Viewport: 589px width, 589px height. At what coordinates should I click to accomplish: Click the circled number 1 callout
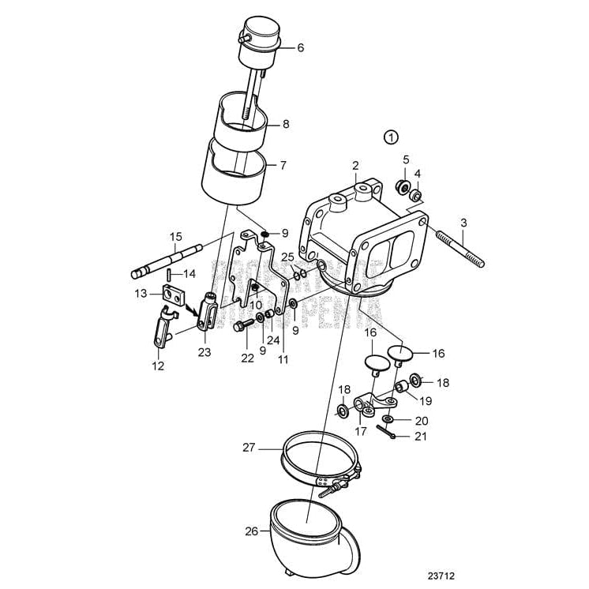click(x=391, y=137)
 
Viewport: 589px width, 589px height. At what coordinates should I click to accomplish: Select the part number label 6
click(x=300, y=47)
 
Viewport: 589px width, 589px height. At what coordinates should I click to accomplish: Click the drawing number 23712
click(x=442, y=577)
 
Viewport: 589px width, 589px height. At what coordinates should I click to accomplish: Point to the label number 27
click(x=249, y=447)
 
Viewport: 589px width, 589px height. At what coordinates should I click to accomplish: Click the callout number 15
click(x=175, y=236)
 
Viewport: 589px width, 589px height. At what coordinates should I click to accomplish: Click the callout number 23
click(x=204, y=353)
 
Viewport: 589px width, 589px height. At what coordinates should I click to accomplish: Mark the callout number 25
click(x=287, y=257)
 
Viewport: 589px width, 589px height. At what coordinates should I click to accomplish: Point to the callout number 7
click(x=282, y=166)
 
